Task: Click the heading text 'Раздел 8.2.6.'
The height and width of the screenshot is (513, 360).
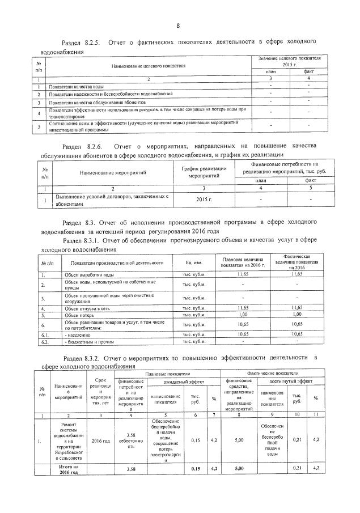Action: (x=83, y=146)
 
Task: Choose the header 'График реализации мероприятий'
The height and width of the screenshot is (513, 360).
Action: (x=204, y=172)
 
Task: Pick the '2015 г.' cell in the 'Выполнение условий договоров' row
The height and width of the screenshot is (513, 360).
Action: (x=204, y=200)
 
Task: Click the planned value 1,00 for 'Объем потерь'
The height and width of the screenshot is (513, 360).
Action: (x=243, y=315)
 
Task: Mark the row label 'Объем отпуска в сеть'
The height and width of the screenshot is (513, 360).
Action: (x=91, y=308)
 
